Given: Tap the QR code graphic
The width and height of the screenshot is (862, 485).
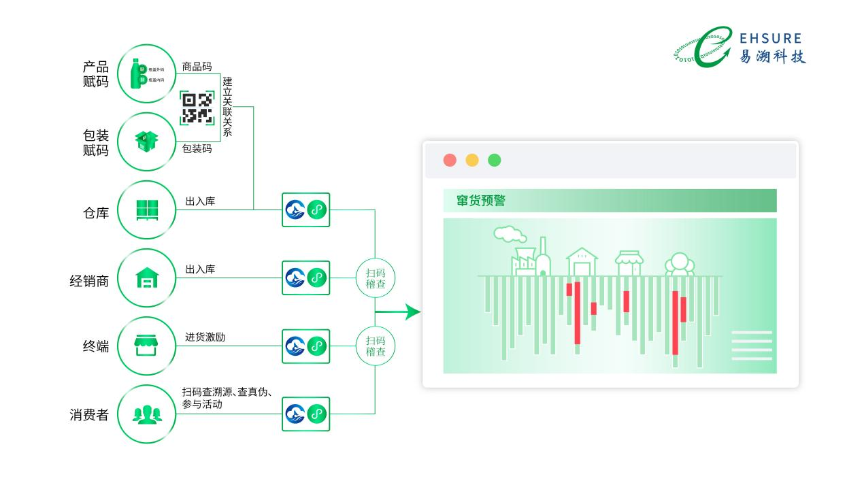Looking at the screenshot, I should coord(197,108).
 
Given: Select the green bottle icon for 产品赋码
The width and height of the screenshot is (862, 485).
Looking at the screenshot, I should coord(142,73).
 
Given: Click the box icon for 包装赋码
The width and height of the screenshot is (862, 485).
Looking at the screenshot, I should coord(146,141).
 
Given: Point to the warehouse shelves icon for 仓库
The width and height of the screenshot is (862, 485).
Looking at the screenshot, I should coord(146,210).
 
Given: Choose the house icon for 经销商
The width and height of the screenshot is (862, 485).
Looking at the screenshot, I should coord(146,278).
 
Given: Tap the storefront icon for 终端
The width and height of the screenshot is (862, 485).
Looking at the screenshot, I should coord(146,346).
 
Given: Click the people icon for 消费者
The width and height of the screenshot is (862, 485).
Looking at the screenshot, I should coord(146,414).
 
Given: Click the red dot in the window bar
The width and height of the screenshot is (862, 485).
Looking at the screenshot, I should coord(450,160).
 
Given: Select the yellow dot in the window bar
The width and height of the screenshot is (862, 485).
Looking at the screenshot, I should coord(472,160).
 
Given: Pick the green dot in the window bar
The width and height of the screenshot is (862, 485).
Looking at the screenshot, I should coord(495,160).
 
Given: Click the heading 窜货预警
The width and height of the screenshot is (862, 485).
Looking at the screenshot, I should coord(481,201).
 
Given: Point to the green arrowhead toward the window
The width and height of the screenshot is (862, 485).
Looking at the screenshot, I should coord(412,312).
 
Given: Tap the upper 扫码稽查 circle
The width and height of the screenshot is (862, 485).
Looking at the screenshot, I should coord(376,278).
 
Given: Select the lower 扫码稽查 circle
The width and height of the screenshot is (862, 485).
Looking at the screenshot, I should coord(376,346).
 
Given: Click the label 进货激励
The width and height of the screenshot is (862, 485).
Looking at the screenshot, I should coord(205,337).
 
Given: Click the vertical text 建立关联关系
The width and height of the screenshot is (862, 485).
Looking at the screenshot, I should coord(227,106).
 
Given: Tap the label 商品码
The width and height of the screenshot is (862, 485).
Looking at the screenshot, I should coord(197,67).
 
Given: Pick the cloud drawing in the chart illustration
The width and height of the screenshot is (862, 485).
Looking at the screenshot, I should coord(510,235).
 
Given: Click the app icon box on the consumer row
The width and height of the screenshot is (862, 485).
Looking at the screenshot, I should coord(306,414).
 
